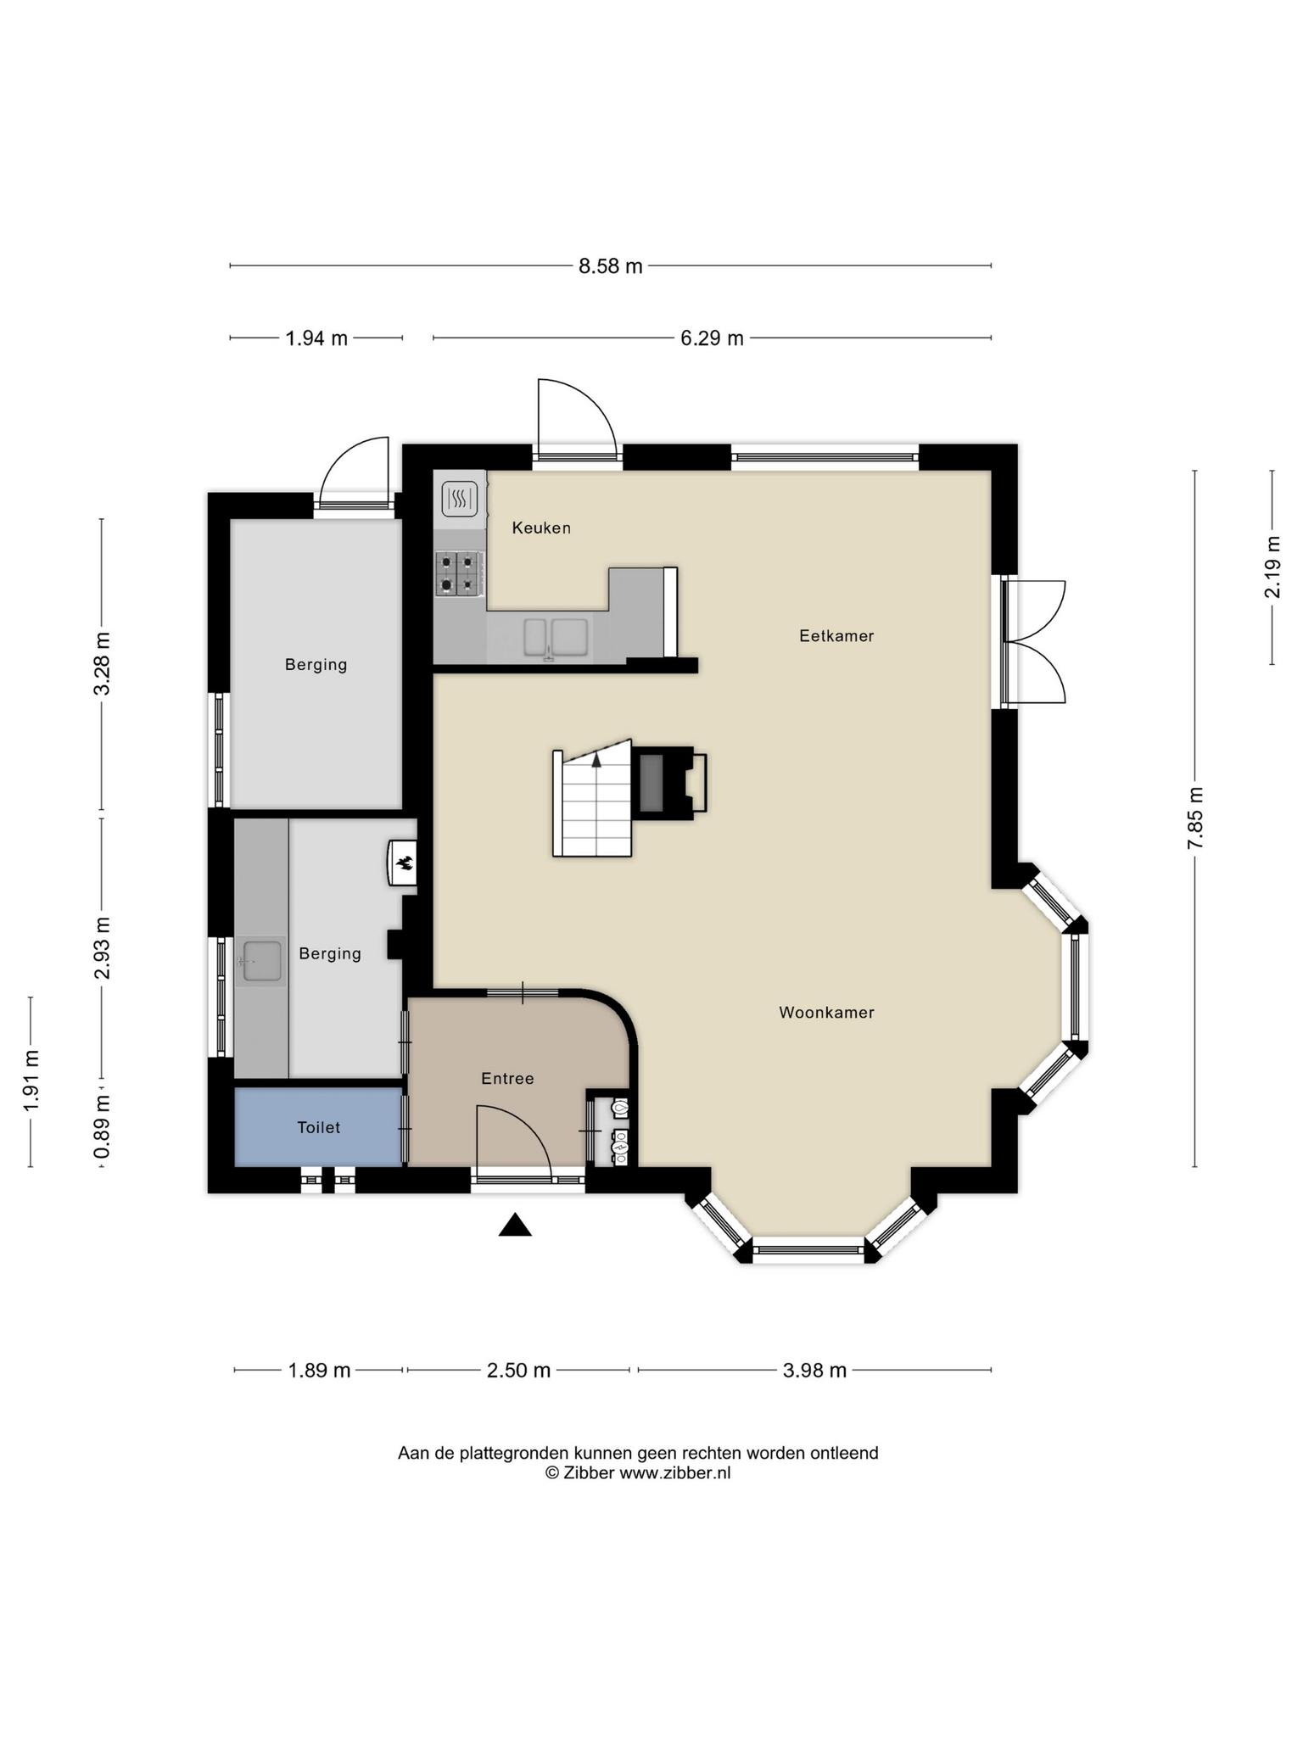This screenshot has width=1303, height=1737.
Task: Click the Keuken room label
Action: point(541,528)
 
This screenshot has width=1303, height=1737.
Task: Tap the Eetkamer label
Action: point(836,635)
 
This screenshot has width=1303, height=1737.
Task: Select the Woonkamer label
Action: point(826,1012)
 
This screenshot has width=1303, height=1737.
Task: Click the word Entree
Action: point(507,1078)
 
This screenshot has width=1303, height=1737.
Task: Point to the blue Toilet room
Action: point(318,1126)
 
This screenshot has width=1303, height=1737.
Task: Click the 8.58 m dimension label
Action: point(611,266)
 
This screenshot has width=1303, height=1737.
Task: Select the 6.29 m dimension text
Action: point(712,338)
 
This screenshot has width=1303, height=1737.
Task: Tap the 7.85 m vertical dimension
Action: point(1195,818)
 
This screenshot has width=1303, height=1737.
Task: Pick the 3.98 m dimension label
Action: point(814,1371)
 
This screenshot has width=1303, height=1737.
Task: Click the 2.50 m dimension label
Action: point(518,1371)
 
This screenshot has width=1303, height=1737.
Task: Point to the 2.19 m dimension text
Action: point(1272,567)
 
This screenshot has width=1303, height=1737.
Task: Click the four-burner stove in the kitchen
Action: point(460,573)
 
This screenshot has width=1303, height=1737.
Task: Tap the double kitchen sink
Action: point(556,638)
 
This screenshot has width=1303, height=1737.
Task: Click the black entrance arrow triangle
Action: point(515,1226)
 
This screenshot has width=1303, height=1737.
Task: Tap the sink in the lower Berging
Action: point(261,961)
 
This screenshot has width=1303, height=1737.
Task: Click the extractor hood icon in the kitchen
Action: point(460,499)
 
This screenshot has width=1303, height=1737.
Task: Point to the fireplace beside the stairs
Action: point(668,783)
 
